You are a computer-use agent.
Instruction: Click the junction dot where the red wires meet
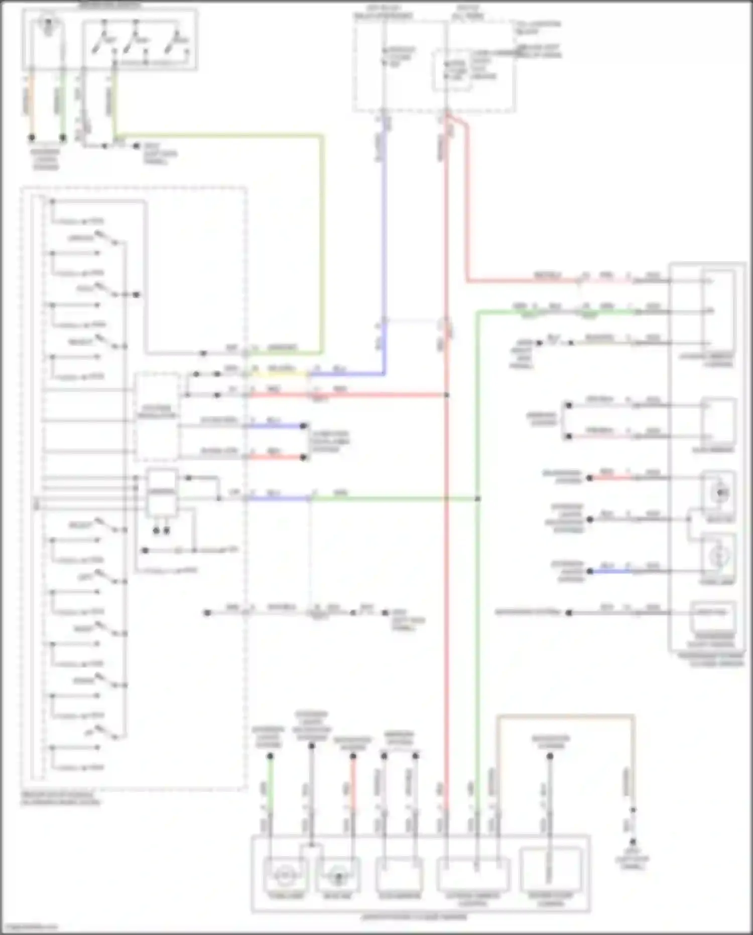446,395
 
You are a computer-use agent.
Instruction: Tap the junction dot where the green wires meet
477,499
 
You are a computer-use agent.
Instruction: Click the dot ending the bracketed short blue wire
304,426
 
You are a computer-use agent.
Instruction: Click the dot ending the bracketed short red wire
304,457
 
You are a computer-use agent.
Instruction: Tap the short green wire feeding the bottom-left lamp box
270,784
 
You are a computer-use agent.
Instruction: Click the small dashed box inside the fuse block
452,70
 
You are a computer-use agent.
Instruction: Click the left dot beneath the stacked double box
156,531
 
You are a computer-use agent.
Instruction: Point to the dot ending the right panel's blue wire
590,571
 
